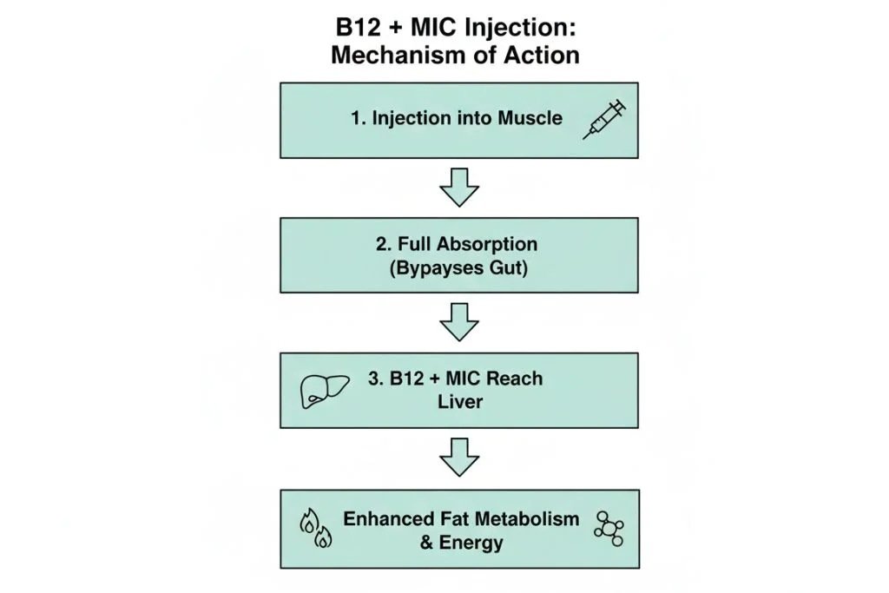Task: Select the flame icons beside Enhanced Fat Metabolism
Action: click(x=314, y=530)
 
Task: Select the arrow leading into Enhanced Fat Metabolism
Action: click(x=459, y=458)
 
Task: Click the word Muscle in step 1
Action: click(x=530, y=119)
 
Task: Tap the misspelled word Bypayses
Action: click(x=429, y=267)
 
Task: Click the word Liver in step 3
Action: click(x=459, y=403)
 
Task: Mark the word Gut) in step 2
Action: click(x=507, y=267)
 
